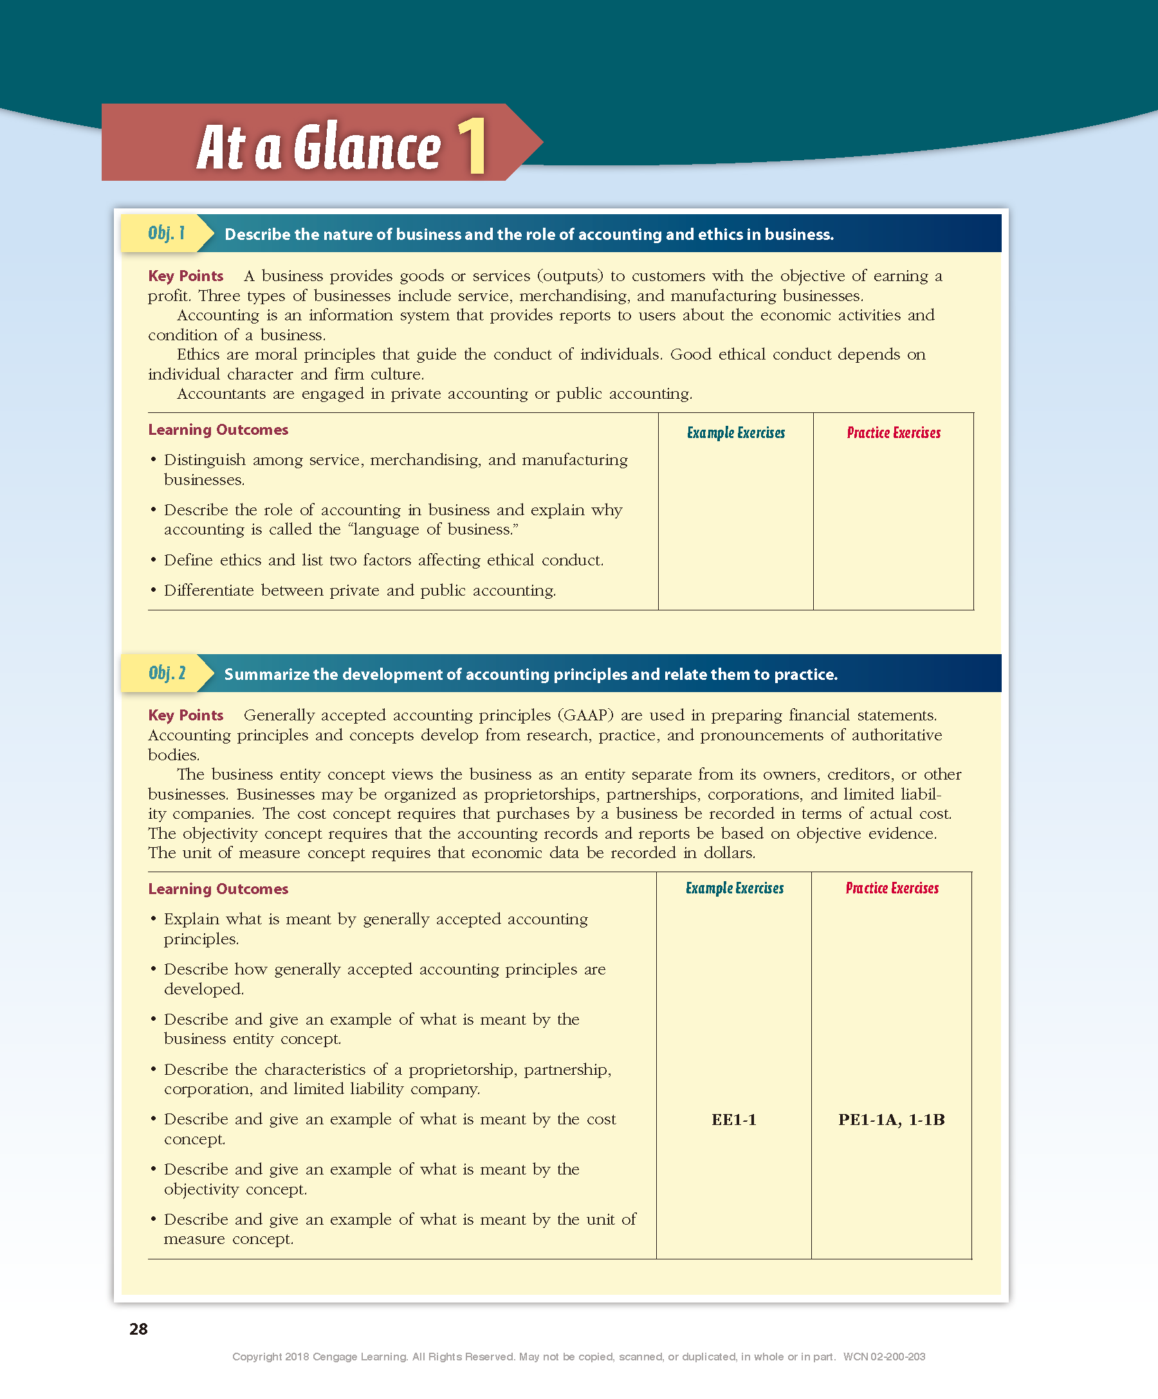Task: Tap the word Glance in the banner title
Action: point(367,148)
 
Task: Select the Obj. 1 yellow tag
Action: point(167,233)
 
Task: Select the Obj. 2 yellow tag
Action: point(167,673)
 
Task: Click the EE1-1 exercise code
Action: point(733,1120)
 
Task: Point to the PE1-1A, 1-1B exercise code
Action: point(892,1120)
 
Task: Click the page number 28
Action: point(138,1329)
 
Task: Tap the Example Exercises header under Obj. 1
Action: point(735,433)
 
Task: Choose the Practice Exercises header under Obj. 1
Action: point(894,433)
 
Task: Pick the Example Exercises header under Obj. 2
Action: point(734,888)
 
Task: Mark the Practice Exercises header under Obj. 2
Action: point(892,888)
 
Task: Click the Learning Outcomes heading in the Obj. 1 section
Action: point(218,430)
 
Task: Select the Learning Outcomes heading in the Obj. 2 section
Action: point(218,889)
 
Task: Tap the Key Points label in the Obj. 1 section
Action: point(185,276)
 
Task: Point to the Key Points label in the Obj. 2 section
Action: point(185,715)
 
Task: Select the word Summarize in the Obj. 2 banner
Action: point(266,674)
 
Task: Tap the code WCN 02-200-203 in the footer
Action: point(884,1357)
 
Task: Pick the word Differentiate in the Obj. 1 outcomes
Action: point(209,590)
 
